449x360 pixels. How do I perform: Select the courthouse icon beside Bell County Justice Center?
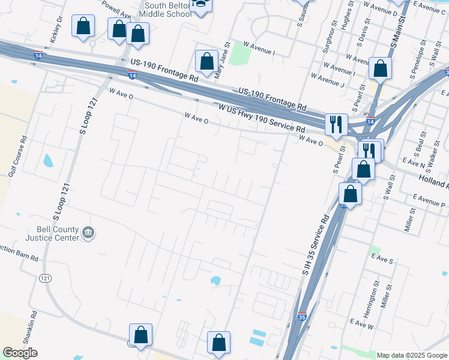[x=88, y=232]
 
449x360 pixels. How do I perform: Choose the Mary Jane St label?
[x=223, y=60]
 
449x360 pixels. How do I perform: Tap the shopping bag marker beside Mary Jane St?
[x=206, y=61]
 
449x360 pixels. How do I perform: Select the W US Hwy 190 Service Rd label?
[x=262, y=119]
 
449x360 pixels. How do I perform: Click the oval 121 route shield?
[x=46, y=278]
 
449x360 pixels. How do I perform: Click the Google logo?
[x=20, y=353]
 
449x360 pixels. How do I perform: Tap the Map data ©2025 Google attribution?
[x=411, y=355]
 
